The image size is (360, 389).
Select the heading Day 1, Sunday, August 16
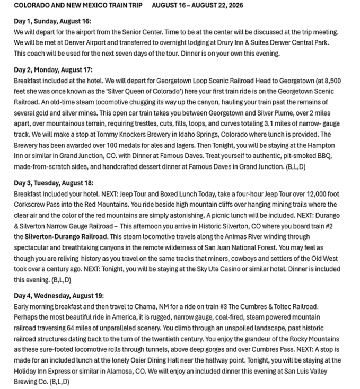click(x=52, y=21)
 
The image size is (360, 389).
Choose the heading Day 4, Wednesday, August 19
click(x=59, y=295)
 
